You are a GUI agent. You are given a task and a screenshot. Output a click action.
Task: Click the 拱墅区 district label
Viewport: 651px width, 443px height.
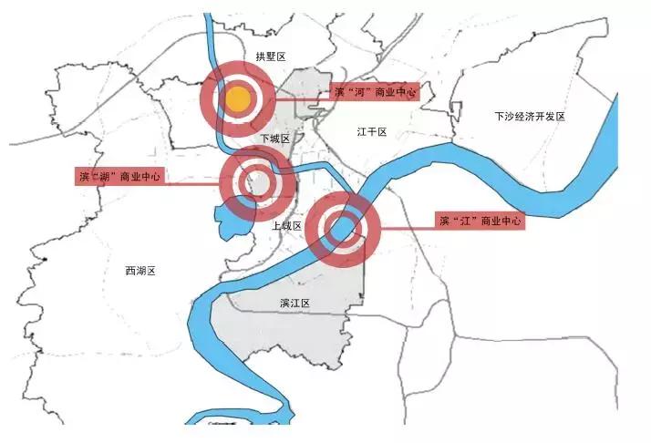point(270,57)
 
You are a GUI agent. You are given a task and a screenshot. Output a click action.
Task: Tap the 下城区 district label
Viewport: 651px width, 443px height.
point(274,139)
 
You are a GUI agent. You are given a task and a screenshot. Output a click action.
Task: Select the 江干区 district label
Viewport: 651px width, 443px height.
point(372,132)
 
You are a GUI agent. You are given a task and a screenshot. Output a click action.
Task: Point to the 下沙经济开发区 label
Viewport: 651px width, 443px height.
point(530,117)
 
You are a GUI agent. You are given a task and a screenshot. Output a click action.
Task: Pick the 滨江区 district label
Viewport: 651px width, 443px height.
point(295,303)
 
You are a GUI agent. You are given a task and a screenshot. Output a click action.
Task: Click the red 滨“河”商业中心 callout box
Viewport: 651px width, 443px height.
point(375,91)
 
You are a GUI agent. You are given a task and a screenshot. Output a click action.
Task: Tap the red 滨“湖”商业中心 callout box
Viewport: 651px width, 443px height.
point(119,176)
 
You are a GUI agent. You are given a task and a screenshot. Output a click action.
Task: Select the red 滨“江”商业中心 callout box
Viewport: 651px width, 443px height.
point(479,221)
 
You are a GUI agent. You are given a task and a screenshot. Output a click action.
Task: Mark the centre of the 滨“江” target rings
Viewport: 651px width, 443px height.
point(343,229)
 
